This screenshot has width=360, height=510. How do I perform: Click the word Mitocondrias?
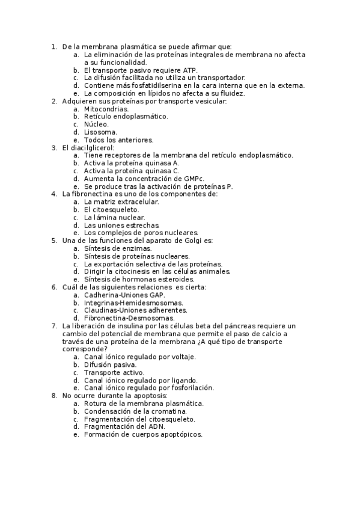point(106,109)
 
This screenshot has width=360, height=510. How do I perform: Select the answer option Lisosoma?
point(100,132)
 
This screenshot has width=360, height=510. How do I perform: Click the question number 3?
point(54,147)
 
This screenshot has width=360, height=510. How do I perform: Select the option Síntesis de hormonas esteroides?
point(139,280)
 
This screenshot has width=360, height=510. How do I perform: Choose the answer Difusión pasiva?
point(110,364)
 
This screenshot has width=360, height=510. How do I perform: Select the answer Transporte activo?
point(112,372)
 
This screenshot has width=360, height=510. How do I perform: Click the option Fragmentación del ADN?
point(124,426)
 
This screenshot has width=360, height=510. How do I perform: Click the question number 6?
point(54,287)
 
